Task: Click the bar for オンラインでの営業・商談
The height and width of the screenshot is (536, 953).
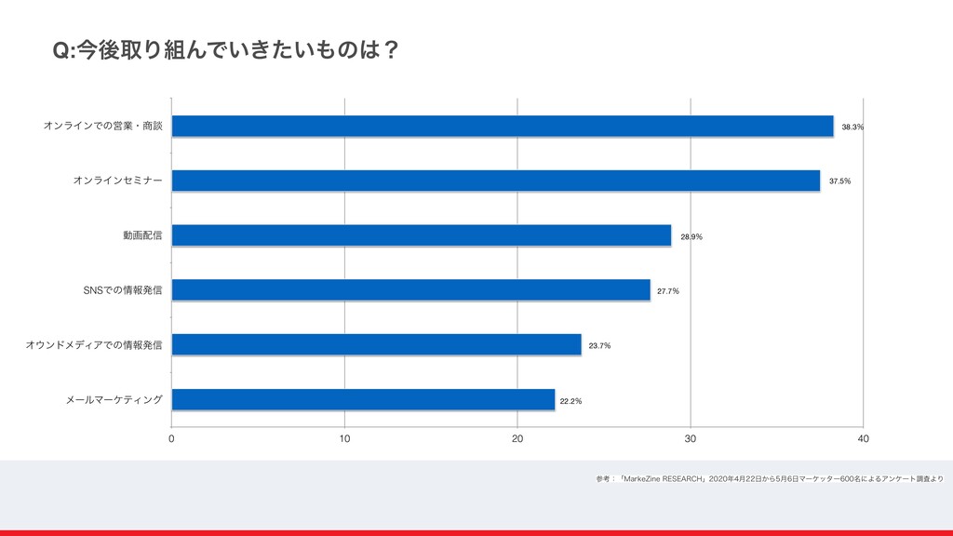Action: (x=503, y=126)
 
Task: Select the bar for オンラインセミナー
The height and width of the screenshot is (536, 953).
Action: (x=496, y=181)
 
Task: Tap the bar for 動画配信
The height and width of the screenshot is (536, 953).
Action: (x=422, y=235)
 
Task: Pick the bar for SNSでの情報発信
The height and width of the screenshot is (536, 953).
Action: (x=411, y=290)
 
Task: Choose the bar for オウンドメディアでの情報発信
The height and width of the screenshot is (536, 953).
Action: (x=377, y=345)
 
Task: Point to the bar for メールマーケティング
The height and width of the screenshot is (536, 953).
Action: (x=364, y=400)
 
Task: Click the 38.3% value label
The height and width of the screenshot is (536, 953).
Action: (x=852, y=127)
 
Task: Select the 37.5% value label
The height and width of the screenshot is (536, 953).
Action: (x=839, y=181)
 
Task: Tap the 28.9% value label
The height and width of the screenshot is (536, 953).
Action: (x=691, y=236)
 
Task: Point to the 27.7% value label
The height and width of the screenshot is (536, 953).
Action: (x=668, y=291)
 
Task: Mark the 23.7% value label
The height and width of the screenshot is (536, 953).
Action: (x=599, y=346)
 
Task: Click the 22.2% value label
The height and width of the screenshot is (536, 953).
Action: (x=570, y=401)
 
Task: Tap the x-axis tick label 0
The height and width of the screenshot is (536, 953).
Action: (x=172, y=439)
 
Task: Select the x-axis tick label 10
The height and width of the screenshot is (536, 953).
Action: (x=344, y=439)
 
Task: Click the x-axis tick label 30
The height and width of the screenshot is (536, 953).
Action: (x=691, y=439)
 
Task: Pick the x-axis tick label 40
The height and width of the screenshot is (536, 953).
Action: (x=864, y=439)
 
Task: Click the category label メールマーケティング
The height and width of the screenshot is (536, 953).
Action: (x=114, y=400)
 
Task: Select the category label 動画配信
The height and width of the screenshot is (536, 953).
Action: (x=142, y=235)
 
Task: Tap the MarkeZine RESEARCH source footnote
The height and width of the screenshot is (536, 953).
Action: (x=770, y=479)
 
